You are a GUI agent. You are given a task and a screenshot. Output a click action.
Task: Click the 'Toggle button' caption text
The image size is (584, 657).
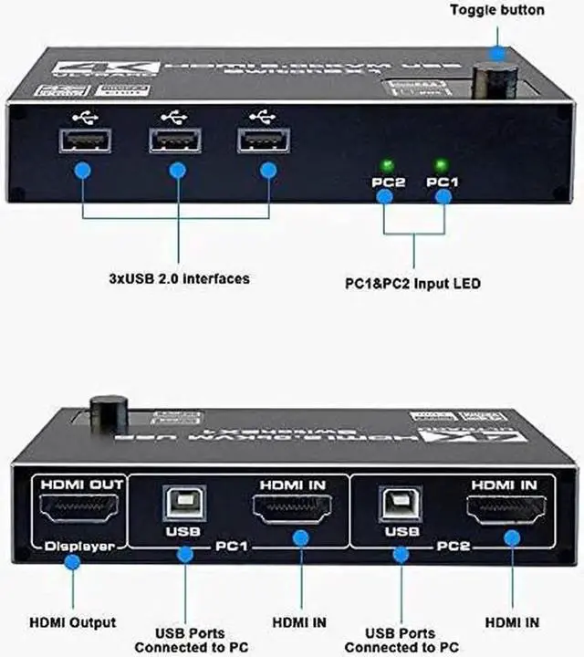(497, 10)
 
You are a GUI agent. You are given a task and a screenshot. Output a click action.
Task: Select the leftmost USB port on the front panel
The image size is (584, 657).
(83, 141)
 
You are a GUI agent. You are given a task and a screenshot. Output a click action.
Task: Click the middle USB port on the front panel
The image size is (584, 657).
(177, 141)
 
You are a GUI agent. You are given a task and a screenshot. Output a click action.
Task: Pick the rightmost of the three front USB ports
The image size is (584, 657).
(266, 141)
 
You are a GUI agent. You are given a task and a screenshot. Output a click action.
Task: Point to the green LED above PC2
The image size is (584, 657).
(386, 165)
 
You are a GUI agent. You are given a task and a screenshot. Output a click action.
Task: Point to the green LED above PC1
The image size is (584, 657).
(442, 165)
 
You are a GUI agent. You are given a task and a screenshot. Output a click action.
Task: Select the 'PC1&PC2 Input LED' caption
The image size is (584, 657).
(418, 284)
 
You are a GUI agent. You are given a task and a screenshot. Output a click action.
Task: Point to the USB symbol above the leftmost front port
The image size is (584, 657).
(83, 117)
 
